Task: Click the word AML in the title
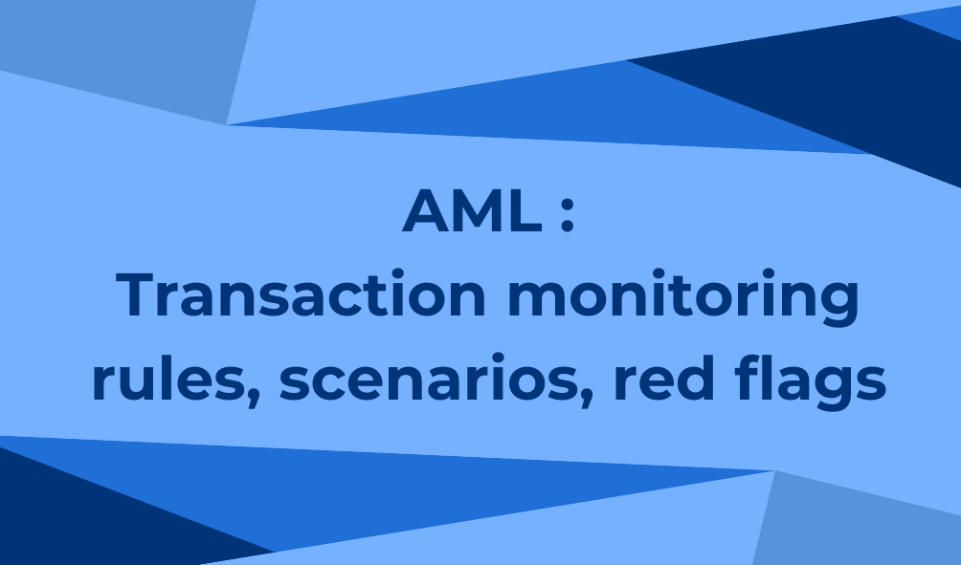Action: tap(472, 210)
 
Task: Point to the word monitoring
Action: tap(683, 297)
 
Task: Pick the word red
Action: tap(663, 376)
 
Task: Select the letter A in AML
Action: tap(426, 210)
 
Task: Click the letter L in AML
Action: tap(525, 210)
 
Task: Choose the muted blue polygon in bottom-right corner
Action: tap(858, 520)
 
